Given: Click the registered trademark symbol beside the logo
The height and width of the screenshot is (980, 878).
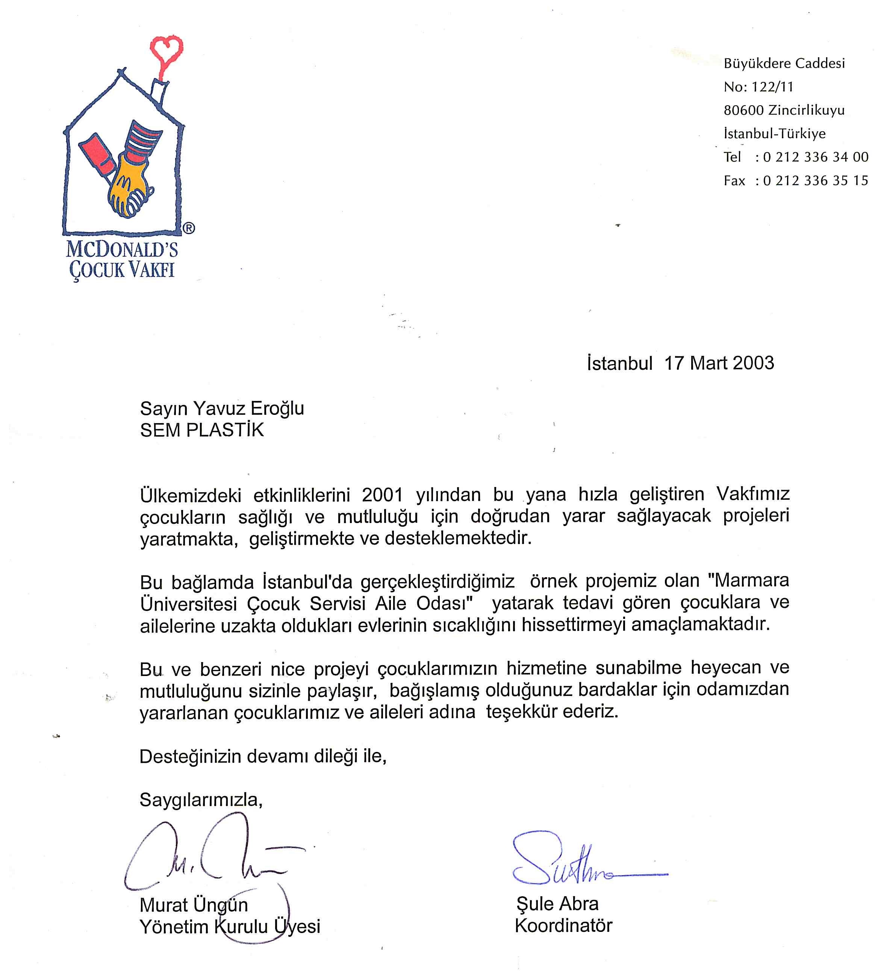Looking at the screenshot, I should tap(189, 228).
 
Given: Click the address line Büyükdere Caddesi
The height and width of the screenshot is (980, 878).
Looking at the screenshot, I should tap(784, 64).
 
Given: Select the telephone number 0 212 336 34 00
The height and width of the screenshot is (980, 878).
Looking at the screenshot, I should tap(815, 157).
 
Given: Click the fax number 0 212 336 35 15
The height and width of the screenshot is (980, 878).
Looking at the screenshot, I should tap(815, 181).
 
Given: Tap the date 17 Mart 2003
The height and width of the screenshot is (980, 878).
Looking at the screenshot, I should tap(719, 363).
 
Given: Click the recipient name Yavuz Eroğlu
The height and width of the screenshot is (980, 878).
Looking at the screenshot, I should tap(248, 408).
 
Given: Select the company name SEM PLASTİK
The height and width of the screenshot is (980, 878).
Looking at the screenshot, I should tap(202, 430).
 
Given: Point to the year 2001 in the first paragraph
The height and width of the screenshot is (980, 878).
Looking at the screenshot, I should tap(382, 495).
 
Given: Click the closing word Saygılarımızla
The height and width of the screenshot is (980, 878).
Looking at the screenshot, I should tap(201, 800).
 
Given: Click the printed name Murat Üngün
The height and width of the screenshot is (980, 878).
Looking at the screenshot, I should tap(194, 905).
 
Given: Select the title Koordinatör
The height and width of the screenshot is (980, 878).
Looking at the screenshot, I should tap(563, 926).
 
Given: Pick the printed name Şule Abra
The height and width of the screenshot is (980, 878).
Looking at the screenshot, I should tap(557, 903).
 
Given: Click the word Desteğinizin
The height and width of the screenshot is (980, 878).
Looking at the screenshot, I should tap(191, 756).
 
